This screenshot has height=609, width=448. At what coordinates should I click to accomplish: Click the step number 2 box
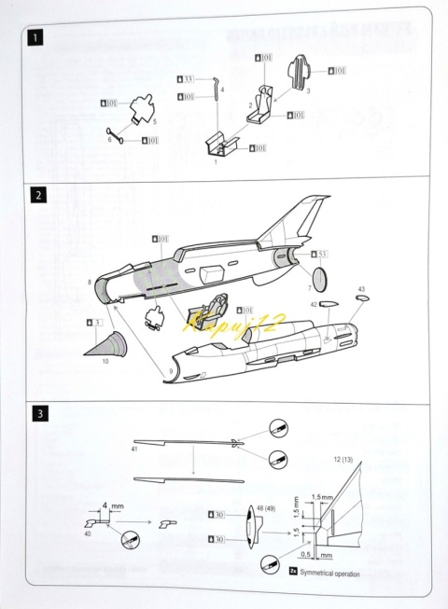(x=35, y=196)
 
